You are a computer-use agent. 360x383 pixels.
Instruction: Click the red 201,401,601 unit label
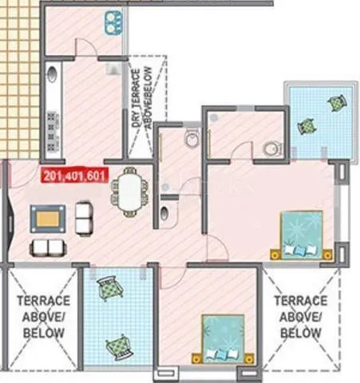point(76,176)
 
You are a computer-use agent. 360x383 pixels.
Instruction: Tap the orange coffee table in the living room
point(49,218)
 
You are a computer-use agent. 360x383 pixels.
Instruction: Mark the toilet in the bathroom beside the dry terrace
point(190,140)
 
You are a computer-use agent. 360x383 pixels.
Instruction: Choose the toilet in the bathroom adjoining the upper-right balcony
point(271,148)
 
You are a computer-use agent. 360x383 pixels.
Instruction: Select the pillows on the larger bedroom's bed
point(299,251)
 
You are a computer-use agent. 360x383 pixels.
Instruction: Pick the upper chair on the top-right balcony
point(336,101)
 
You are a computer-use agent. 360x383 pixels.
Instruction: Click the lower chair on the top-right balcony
point(306,126)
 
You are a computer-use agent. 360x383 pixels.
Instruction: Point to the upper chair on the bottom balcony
point(107,289)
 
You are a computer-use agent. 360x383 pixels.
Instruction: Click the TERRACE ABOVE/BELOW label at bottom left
point(43,316)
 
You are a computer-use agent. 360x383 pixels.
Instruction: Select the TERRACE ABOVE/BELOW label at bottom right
point(300,316)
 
